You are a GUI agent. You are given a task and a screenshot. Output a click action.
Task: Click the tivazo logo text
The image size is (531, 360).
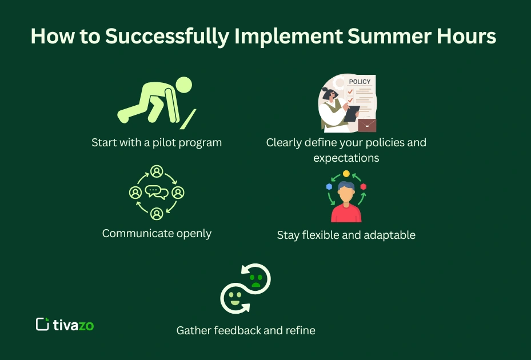pyautogui.click(x=73, y=325)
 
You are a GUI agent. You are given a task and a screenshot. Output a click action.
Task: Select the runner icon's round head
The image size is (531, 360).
pyautogui.click(x=183, y=86)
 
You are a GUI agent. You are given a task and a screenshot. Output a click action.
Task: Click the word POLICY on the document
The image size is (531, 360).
pyautogui.click(x=360, y=82)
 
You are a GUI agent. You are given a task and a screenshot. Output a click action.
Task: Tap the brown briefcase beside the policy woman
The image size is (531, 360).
pyautogui.click(x=367, y=125)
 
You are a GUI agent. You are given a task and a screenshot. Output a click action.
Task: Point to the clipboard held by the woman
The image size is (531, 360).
pyautogui.click(x=351, y=114)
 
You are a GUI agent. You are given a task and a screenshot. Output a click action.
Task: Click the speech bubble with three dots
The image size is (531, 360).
pyautogui.click(x=154, y=190)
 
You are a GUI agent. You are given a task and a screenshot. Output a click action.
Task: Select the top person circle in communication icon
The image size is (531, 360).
pyautogui.click(x=157, y=171)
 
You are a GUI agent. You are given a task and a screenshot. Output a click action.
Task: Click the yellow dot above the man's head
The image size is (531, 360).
pyautogui.click(x=346, y=173)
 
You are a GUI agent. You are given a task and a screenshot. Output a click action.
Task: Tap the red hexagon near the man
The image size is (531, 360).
pyautogui.click(x=364, y=187)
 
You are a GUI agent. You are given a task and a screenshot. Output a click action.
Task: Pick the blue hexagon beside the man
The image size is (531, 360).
pyautogui.click(x=329, y=187)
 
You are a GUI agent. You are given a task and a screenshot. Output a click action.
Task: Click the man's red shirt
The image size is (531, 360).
pyautogui.click(x=346, y=214)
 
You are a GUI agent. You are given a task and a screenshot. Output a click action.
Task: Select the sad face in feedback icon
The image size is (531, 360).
pyautogui.click(x=257, y=278)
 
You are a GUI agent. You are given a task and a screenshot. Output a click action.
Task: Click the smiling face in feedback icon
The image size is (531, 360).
pyautogui.click(x=234, y=298)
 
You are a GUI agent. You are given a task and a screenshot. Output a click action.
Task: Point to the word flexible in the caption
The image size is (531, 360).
pyautogui.click(x=320, y=235)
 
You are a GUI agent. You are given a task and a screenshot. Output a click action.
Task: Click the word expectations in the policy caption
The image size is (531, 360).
pyautogui.click(x=346, y=158)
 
